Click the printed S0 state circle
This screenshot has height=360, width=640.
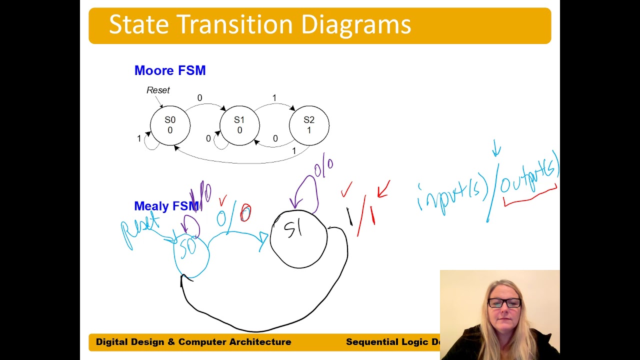(170, 125)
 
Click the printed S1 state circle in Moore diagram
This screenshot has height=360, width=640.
(239, 125)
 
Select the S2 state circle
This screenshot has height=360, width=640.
(309, 125)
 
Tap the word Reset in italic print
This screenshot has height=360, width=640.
(158, 90)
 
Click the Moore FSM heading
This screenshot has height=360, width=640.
(170, 70)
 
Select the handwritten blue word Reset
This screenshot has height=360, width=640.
(140, 230)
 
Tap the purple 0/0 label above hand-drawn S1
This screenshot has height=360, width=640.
(323, 167)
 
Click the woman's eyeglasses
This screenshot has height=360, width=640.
(504, 302)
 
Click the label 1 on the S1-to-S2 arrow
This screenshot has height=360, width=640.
(274, 98)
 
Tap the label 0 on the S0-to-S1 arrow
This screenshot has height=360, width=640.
(199, 98)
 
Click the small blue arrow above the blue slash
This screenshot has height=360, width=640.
(496, 147)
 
